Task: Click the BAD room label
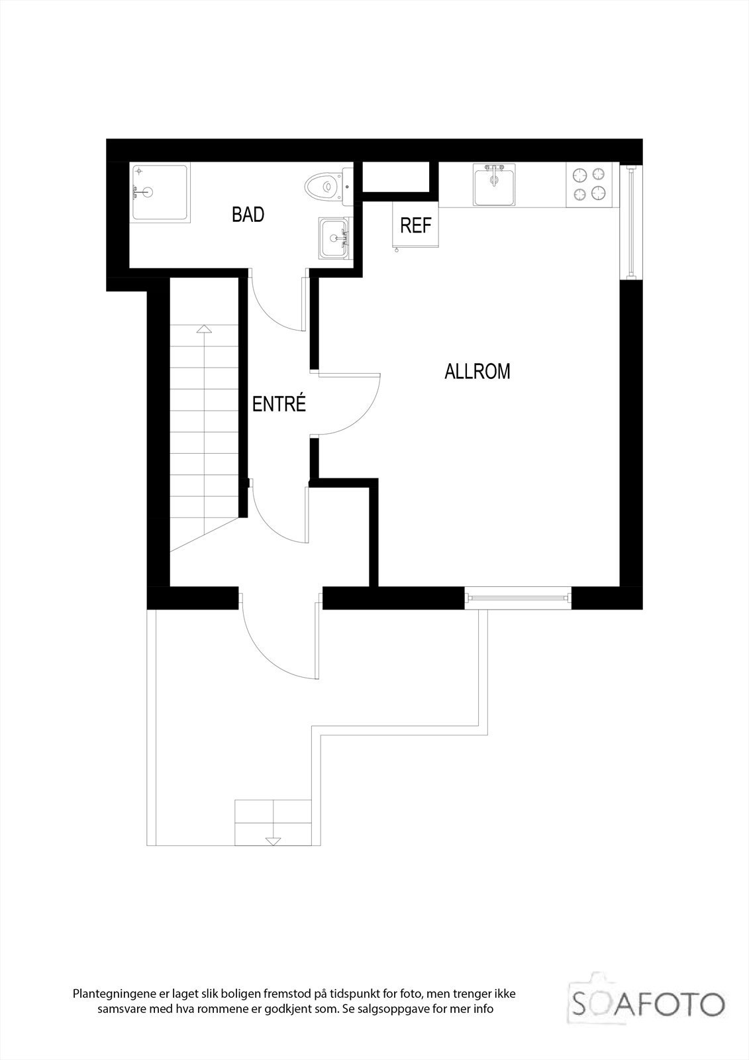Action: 248,215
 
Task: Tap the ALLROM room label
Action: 477,372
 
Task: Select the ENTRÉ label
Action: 279,404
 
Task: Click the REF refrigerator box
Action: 416,225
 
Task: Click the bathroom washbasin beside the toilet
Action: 335,238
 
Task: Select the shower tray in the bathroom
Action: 159,192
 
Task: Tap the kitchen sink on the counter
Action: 494,185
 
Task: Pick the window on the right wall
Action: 631,221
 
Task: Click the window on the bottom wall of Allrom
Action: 517,598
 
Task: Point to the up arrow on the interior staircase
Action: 204,329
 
